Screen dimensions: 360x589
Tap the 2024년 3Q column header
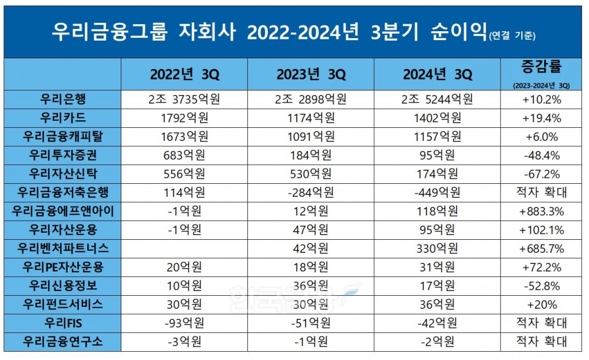pyautogui.click(x=438, y=74)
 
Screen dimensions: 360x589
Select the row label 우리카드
pyautogui.click(x=63, y=117)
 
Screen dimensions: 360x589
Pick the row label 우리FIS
pyautogui.click(x=63, y=323)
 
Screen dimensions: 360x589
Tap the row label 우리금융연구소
pyautogui.click(x=63, y=342)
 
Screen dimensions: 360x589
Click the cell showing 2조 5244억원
pyautogui.click(x=438, y=99)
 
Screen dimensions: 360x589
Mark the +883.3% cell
pyautogui.click(x=540, y=211)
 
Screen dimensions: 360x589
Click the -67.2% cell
pyautogui.click(x=540, y=173)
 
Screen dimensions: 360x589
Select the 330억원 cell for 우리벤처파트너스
pyautogui.click(x=438, y=248)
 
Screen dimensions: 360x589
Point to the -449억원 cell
pyautogui.click(x=438, y=192)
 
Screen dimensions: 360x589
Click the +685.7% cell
pyautogui.click(x=540, y=248)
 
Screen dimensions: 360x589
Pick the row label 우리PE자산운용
pyautogui.click(x=63, y=267)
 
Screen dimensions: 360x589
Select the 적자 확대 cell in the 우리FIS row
pyautogui.click(x=540, y=323)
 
